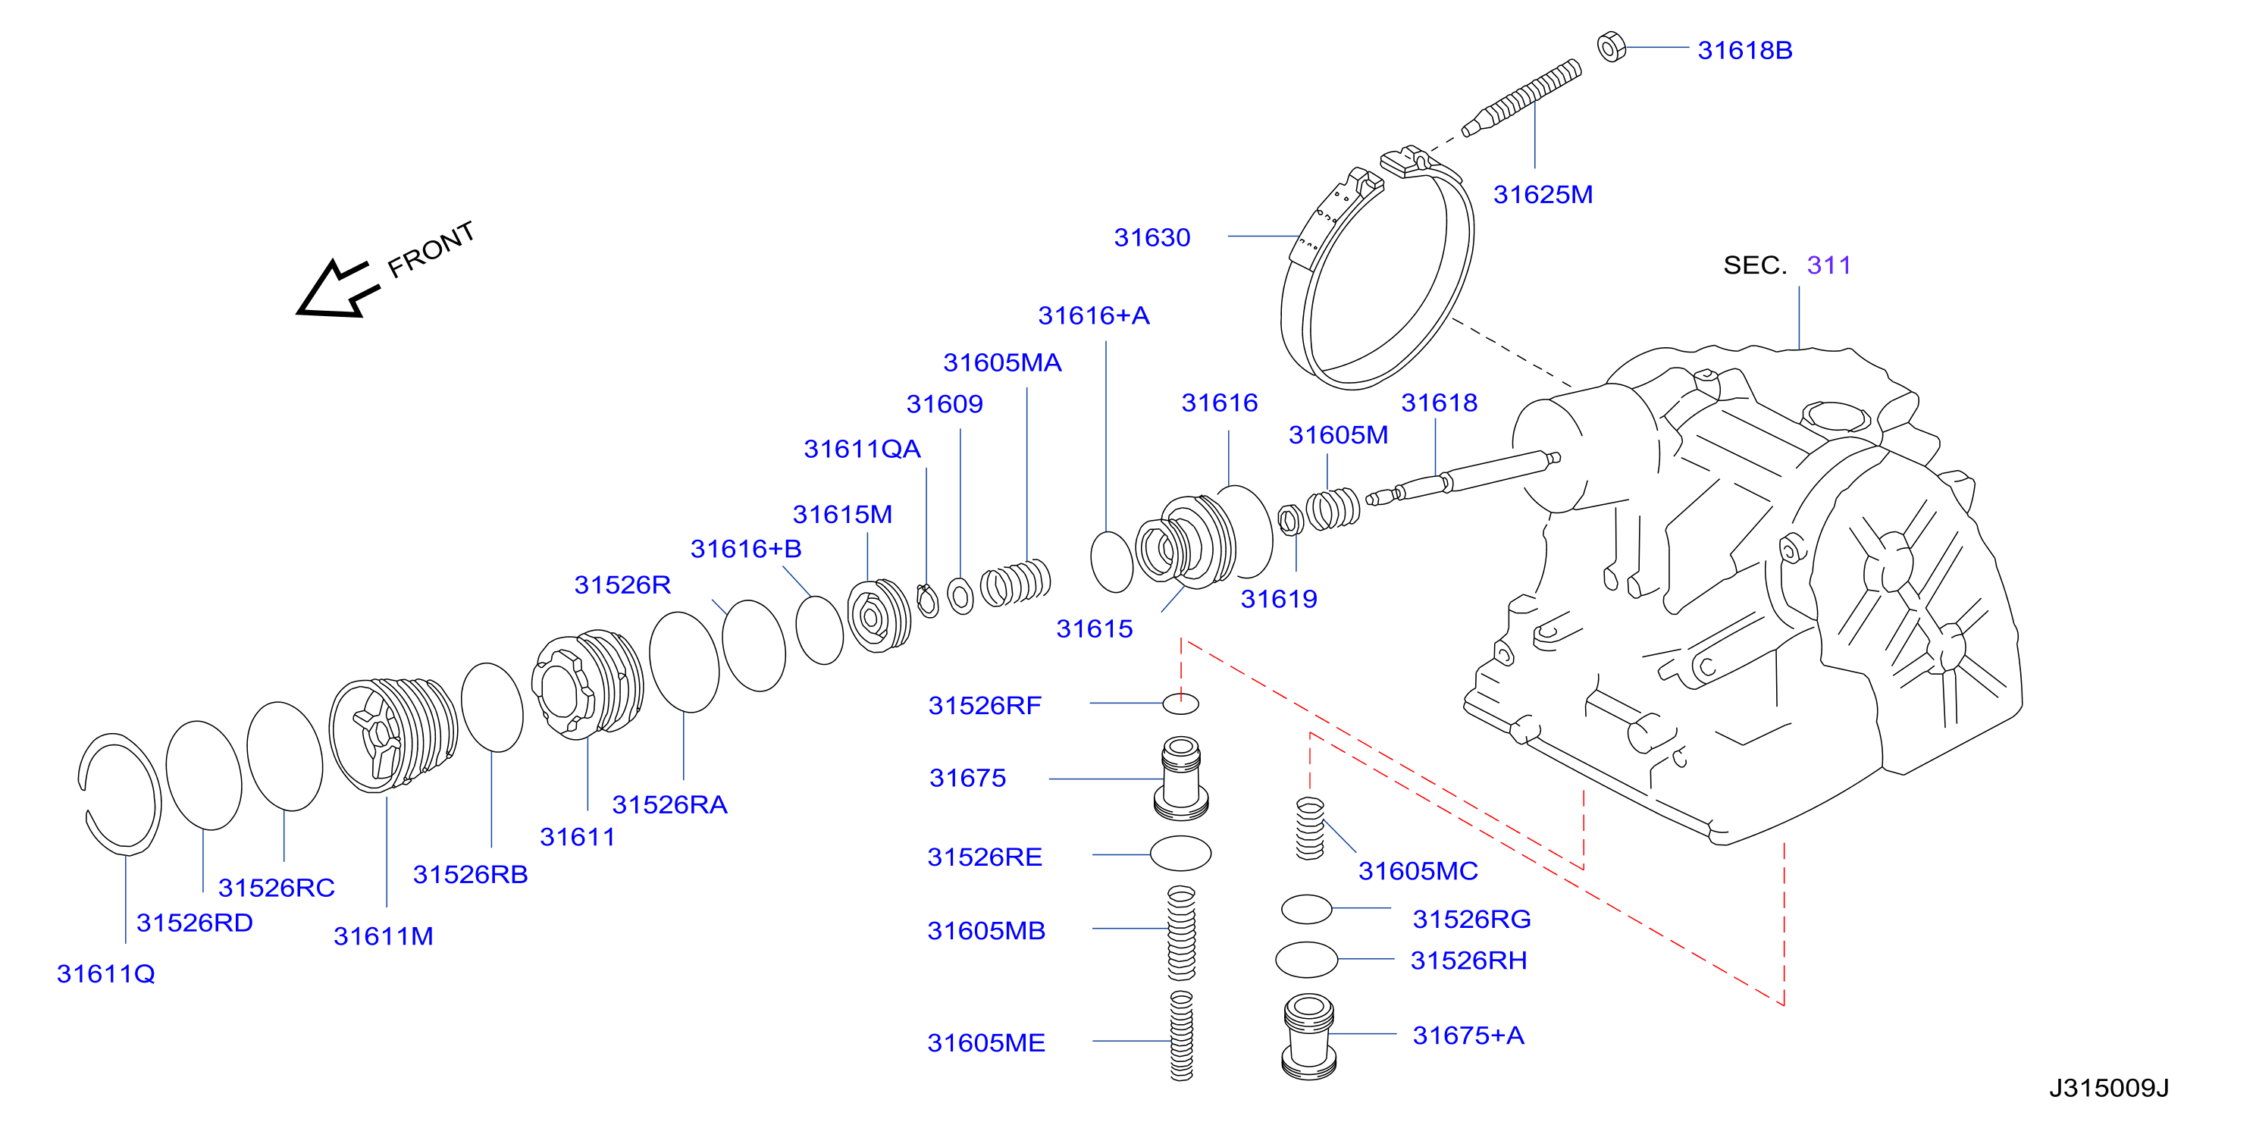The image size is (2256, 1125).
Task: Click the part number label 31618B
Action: pos(1744,50)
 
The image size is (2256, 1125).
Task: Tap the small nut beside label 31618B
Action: pos(1612,46)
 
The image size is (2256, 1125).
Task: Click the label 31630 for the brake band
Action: pos(1151,237)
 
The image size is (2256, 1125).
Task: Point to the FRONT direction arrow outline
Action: pos(337,288)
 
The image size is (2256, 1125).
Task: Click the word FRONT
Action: pos(431,249)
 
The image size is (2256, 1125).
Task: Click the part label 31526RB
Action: pos(470,874)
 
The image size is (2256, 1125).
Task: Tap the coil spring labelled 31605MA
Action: pos(1015,582)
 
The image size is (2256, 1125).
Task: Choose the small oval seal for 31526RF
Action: pos(1180,703)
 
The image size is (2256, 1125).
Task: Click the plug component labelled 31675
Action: pos(1181,779)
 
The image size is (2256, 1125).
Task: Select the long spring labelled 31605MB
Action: pos(1181,932)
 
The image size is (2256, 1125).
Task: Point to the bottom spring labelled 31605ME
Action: pos(1181,1036)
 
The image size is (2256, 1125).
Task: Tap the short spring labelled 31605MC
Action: pos(1310,829)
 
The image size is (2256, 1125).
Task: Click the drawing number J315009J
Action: pos(2109,1088)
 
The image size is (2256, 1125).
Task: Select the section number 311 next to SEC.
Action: pos(1828,265)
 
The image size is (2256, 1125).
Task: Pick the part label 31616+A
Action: pos(1094,315)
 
